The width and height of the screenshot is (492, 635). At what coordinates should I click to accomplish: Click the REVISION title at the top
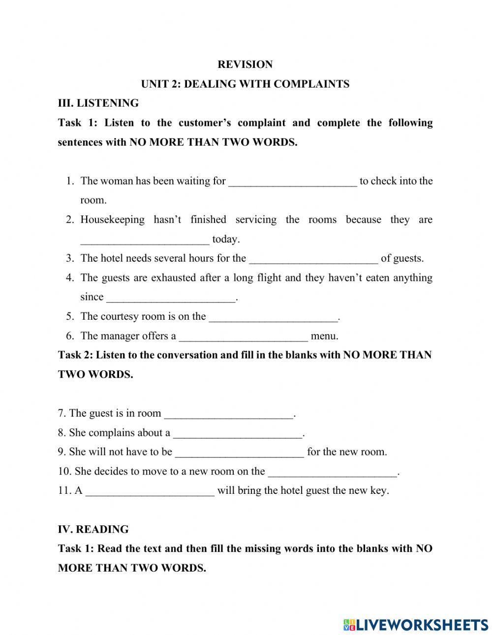pos(245,64)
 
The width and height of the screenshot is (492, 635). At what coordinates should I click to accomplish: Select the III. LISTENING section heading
pos(98,103)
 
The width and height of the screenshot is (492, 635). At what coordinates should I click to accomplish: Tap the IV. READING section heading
pos(93,529)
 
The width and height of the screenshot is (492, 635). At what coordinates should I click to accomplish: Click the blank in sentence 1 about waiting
pos(293,181)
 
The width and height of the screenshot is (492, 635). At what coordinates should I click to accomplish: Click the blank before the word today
pos(145,240)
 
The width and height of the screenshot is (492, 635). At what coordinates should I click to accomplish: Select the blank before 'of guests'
pos(313,259)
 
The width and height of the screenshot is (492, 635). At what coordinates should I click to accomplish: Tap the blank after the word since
pos(171,298)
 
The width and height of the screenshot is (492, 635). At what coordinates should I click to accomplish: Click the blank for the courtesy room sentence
pos(274,317)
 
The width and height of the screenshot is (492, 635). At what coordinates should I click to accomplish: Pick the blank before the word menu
pos(244,336)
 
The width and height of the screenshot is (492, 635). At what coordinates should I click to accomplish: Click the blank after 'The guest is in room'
pos(228,414)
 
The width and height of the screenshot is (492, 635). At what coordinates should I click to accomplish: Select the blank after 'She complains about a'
pos(238,433)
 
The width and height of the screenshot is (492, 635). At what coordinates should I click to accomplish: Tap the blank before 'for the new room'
pos(239,452)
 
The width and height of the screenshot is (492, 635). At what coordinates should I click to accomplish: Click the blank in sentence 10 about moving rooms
pos(332,472)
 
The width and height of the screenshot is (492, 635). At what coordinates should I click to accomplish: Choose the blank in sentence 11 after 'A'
pos(150,491)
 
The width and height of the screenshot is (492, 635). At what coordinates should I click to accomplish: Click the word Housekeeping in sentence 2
pos(112,220)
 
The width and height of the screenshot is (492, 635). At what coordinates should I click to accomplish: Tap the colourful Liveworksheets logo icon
pos(350,625)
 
